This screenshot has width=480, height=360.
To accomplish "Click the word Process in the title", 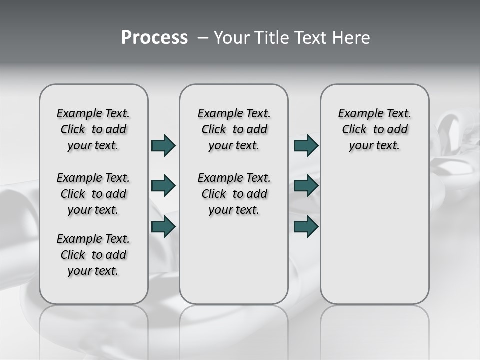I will click(154, 38).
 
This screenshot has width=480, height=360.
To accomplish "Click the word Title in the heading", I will click(269, 38).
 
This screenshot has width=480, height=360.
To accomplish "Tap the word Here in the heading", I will click(352, 38).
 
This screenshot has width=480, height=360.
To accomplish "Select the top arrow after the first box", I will click(163, 145).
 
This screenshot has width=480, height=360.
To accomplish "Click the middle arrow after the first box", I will click(163, 186).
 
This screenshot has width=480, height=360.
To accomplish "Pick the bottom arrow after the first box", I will click(163, 226).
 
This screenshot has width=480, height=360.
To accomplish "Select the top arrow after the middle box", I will click(306, 145).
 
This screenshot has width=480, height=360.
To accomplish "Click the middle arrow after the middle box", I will click(306, 186).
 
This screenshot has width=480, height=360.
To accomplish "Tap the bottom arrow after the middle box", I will click(306, 226).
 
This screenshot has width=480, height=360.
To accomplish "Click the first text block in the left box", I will click(93, 129).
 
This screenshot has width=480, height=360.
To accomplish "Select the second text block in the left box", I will click(93, 194).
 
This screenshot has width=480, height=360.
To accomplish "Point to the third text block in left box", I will click(93, 255).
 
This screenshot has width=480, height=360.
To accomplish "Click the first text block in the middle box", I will click(234, 129).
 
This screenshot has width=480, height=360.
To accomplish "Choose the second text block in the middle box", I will click(234, 194).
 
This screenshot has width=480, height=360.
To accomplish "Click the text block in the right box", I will click(374, 129).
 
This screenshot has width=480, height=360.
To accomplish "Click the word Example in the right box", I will click(357, 114).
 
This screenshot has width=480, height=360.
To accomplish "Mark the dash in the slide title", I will click(203, 38).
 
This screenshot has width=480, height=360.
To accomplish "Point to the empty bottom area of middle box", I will click(234, 265).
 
